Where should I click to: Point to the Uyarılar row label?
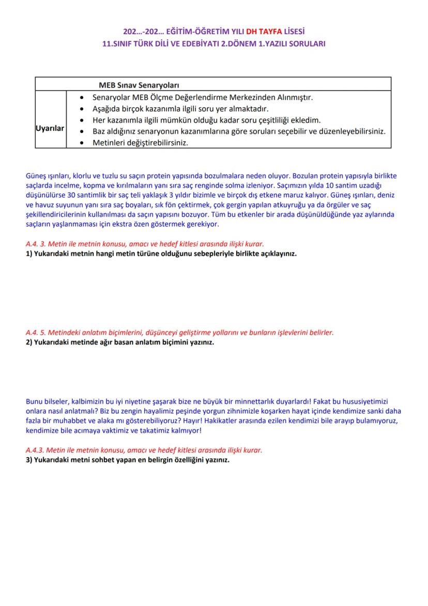pyautogui.click(x=50, y=128)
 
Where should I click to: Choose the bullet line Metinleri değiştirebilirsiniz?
pyautogui.click(x=140, y=142)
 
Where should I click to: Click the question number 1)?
pyautogui.click(x=29, y=254)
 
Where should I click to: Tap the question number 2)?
pyautogui.click(x=29, y=342)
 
